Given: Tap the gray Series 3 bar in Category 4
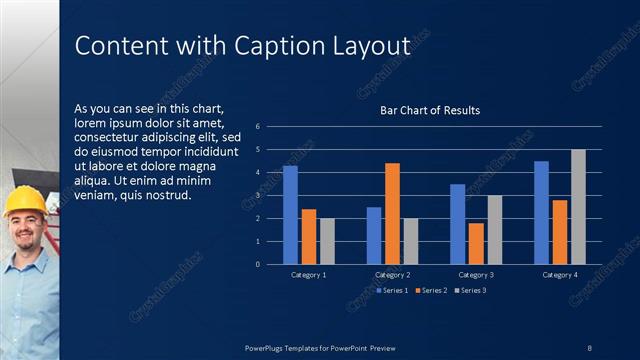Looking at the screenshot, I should click(578, 207).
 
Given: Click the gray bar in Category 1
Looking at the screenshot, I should click(327, 241).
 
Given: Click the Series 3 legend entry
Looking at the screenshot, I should click(470, 290).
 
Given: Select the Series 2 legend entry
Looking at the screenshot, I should click(432, 290).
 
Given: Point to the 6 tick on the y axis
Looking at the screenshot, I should click(258, 127).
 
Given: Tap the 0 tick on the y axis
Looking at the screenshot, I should click(258, 264).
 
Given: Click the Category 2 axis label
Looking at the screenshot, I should click(392, 274).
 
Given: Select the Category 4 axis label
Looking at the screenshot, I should click(560, 274).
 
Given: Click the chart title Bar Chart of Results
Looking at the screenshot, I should click(430, 110).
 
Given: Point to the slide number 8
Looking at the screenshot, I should click(589, 347).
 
